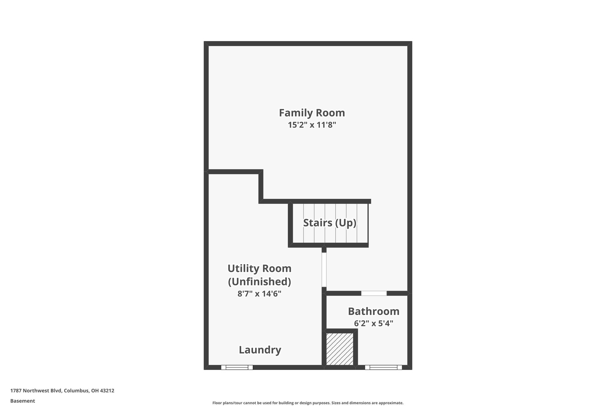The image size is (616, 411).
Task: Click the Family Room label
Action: click(312, 113)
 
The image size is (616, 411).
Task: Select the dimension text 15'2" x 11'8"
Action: click(312, 125)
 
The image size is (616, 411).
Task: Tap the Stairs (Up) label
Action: click(329, 223)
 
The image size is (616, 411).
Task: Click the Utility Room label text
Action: click(259, 268)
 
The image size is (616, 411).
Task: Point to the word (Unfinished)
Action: click(259, 282)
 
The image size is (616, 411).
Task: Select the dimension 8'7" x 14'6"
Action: click(259, 293)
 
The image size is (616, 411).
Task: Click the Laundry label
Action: click(260, 350)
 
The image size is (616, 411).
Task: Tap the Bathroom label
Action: click(373, 311)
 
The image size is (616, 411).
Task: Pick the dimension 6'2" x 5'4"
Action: click(373, 323)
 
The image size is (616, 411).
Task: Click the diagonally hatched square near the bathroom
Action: click(340, 349)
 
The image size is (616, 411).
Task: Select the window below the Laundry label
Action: click(237, 367)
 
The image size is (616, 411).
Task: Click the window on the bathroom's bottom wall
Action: click(383, 367)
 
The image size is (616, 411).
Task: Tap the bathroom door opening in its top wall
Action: click(374, 293)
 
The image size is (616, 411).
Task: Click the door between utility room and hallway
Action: click(324, 270)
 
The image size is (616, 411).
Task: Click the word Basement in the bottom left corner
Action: click(22, 401)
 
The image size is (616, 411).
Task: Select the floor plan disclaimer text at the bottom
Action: click(308, 403)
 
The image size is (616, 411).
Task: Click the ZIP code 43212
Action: click(107, 391)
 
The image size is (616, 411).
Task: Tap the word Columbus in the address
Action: click(76, 391)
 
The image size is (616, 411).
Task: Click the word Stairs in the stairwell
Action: click(317, 223)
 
